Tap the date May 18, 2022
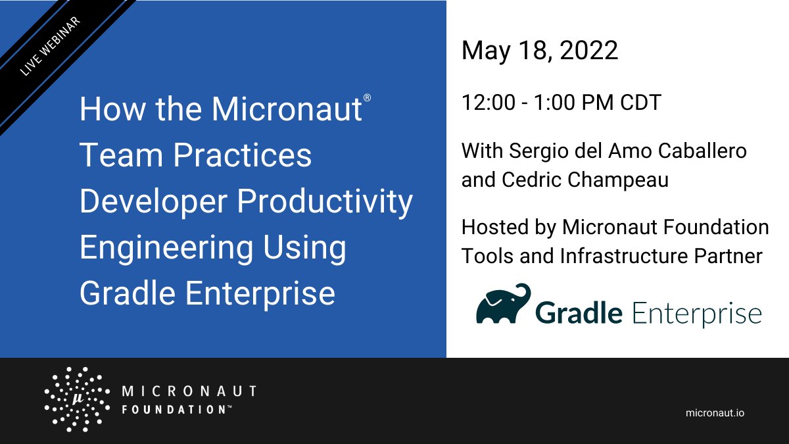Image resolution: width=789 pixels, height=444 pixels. point(539,51)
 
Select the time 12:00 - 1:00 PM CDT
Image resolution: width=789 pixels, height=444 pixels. point(561,103)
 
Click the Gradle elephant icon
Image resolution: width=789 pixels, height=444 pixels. point(503,305)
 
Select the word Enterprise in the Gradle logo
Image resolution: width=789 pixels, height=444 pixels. point(696,314)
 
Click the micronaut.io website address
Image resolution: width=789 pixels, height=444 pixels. point(715,412)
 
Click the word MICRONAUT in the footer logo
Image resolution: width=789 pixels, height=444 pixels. point(189,392)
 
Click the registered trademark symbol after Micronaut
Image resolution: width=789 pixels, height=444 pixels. point(367,98)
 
